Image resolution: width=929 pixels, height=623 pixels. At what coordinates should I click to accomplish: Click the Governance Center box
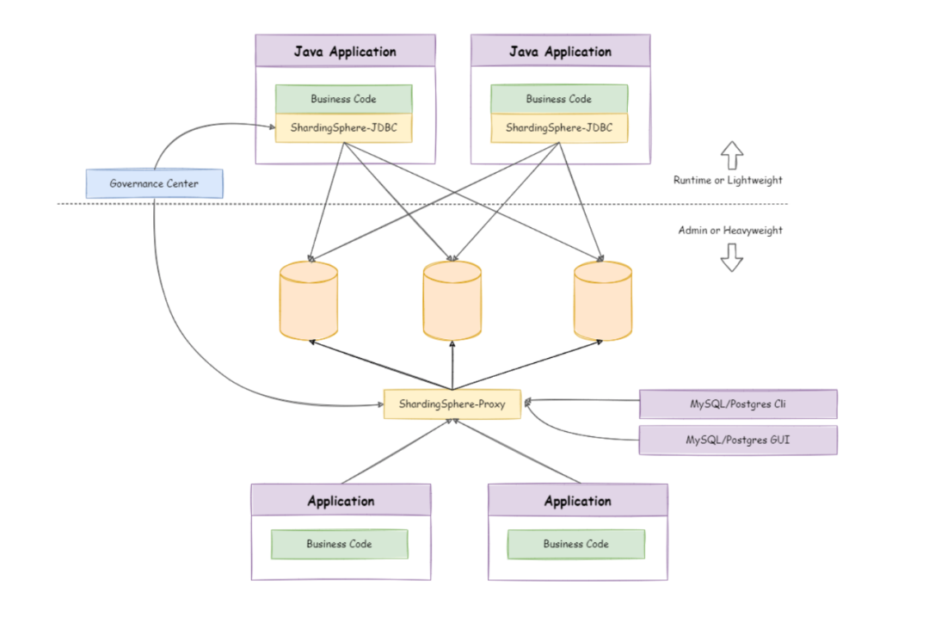pyautogui.click(x=155, y=184)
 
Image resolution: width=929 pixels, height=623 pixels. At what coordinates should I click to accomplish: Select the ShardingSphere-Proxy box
pyautogui.click(x=452, y=404)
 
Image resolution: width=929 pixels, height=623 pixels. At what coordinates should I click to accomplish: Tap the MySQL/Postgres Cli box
pyautogui.click(x=738, y=404)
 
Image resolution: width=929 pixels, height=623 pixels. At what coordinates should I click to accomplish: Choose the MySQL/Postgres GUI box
pyautogui.click(x=738, y=440)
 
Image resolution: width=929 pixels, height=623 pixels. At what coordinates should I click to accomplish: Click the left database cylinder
pyautogui.click(x=309, y=301)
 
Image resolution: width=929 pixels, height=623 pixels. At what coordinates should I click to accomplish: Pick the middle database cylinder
pyautogui.click(x=452, y=301)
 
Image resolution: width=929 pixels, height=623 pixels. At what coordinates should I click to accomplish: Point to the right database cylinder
pyautogui.click(x=602, y=301)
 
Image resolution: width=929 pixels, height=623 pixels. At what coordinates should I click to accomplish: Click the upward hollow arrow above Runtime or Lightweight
pyautogui.click(x=732, y=155)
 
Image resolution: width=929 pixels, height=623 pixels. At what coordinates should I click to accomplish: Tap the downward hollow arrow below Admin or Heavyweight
pyautogui.click(x=732, y=257)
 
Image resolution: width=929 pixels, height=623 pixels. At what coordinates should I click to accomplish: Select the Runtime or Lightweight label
pyautogui.click(x=728, y=180)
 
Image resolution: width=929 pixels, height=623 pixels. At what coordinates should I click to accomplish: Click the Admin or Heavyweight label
pyautogui.click(x=730, y=231)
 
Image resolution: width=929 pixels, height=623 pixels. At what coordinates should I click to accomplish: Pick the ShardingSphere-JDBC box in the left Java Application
pyautogui.click(x=343, y=128)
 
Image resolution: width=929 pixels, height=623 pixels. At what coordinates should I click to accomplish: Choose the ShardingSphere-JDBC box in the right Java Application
pyautogui.click(x=559, y=128)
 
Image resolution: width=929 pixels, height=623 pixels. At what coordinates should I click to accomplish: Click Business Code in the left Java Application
pyautogui.click(x=343, y=99)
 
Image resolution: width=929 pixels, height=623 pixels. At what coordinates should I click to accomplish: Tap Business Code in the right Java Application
pyautogui.click(x=559, y=99)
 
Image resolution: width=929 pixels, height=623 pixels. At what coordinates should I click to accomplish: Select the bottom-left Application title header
pyautogui.click(x=341, y=500)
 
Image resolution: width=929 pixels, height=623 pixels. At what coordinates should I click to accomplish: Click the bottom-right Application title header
pyautogui.click(x=578, y=500)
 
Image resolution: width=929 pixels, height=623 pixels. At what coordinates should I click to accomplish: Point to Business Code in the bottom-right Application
pyautogui.click(x=576, y=544)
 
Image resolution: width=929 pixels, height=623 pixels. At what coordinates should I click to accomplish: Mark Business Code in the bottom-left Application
pyautogui.click(x=340, y=544)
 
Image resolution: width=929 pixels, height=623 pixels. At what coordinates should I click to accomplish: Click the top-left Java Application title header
pyautogui.click(x=346, y=51)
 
